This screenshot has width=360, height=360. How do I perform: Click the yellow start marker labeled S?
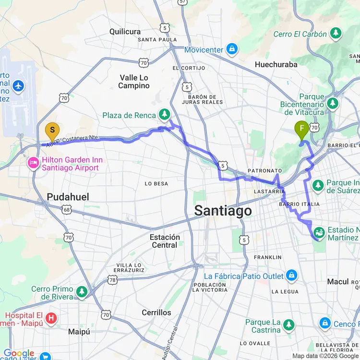point(52,131)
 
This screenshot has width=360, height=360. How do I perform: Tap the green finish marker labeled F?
point(301,129)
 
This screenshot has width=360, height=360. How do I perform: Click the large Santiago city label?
point(223,211)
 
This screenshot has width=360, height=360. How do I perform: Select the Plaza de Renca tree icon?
point(165,114)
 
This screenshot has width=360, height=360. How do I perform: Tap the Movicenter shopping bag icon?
point(232,49)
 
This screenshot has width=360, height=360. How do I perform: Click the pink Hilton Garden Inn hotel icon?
point(33,163)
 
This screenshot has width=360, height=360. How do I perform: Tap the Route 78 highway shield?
point(112,279)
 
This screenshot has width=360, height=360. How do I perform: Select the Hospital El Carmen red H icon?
point(51,318)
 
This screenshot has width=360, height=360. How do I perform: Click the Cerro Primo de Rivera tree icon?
point(82,292)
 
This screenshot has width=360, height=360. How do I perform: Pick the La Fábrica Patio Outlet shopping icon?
point(291,276)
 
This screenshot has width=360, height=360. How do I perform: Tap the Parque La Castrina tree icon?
point(288,325)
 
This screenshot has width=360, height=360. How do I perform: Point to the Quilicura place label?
point(125,32)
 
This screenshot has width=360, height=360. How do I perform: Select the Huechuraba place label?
point(276,64)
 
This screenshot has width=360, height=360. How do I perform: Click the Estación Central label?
point(165,241)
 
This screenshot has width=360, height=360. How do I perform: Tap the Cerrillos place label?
point(156,312)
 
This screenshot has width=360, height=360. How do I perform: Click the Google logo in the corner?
point(18,354)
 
